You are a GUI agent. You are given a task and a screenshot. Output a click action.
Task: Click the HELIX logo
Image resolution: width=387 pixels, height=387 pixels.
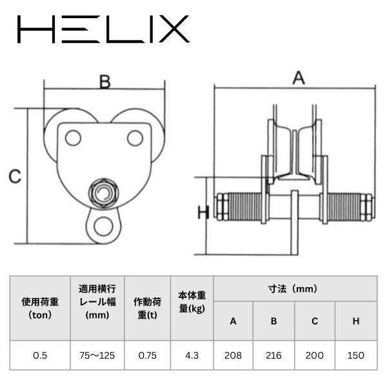click(x=103, y=29)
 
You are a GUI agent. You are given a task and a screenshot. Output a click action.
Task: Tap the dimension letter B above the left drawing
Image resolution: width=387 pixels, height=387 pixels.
click(x=105, y=82)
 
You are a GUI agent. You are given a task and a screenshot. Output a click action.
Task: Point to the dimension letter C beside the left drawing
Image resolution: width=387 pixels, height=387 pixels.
click(x=15, y=177)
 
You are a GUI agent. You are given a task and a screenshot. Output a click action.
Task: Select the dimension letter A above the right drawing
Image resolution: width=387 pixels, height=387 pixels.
click(x=299, y=78)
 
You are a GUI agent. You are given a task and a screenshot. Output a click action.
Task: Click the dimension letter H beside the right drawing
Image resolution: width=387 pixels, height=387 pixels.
click(x=204, y=212)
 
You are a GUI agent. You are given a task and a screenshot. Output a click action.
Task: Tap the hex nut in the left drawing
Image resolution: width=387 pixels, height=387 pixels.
click(x=104, y=192)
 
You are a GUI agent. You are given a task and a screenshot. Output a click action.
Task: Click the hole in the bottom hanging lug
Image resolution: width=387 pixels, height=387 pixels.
click(x=104, y=226)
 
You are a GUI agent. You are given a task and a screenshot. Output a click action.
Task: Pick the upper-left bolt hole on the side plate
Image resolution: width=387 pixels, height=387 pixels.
click(x=73, y=138)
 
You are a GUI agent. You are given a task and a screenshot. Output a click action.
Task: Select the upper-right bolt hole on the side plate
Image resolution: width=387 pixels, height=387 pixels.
click(x=135, y=138)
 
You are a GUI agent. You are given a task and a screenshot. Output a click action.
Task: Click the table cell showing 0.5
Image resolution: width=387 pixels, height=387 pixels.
click(x=40, y=355)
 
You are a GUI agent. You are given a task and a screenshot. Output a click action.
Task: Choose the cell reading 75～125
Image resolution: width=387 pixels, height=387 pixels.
click(x=97, y=355)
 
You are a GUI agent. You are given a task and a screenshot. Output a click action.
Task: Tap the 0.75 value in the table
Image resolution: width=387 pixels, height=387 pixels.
click(x=147, y=355)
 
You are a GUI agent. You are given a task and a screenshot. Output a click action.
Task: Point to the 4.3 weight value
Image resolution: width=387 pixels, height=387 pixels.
click(x=192, y=355)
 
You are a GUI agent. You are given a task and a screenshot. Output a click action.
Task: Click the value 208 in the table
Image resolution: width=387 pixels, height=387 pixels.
click(x=233, y=355)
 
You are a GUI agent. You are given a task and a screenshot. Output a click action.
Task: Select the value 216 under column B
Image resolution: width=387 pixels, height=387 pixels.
click(x=273, y=355)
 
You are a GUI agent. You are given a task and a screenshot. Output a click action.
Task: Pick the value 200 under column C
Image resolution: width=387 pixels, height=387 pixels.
click(x=315, y=355)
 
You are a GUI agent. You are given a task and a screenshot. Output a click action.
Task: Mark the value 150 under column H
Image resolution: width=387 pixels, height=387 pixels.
click(x=355, y=355)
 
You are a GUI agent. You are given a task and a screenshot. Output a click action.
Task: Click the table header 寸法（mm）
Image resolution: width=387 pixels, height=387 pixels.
click(x=293, y=289)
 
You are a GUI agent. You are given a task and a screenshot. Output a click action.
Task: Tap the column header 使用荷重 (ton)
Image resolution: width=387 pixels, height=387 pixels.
click(x=40, y=308)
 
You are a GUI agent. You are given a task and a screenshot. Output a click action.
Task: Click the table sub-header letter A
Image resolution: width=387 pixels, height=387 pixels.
click(x=233, y=321)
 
